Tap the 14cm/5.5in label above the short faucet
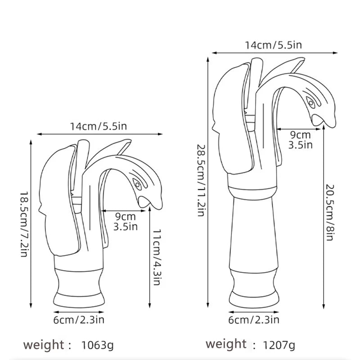pos(98,126)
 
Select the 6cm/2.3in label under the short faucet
pos(79,320)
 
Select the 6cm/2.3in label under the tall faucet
pos(254,320)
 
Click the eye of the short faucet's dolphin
pos(137,184)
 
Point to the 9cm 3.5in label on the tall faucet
pos(300,139)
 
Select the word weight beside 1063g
pos(44,345)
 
